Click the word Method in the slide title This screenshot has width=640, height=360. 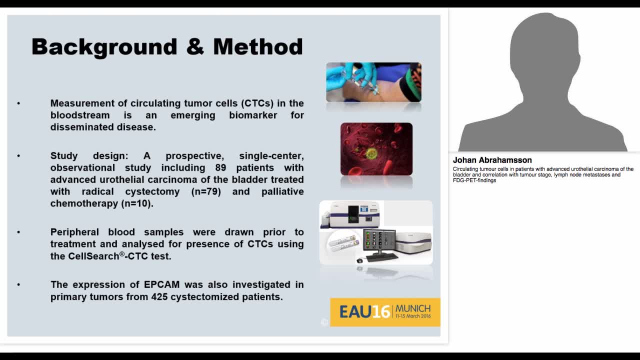point(257,47)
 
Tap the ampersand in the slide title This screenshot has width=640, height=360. point(195,47)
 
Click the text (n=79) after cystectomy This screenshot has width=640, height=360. point(208,191)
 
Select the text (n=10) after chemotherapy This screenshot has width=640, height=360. point(137,203)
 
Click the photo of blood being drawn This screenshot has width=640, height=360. point(373,82)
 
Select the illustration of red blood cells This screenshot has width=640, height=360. point(376,149)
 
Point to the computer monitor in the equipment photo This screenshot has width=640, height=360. point(379,241)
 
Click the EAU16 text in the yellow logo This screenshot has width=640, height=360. point(364,312)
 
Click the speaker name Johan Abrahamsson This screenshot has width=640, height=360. point(492,160)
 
